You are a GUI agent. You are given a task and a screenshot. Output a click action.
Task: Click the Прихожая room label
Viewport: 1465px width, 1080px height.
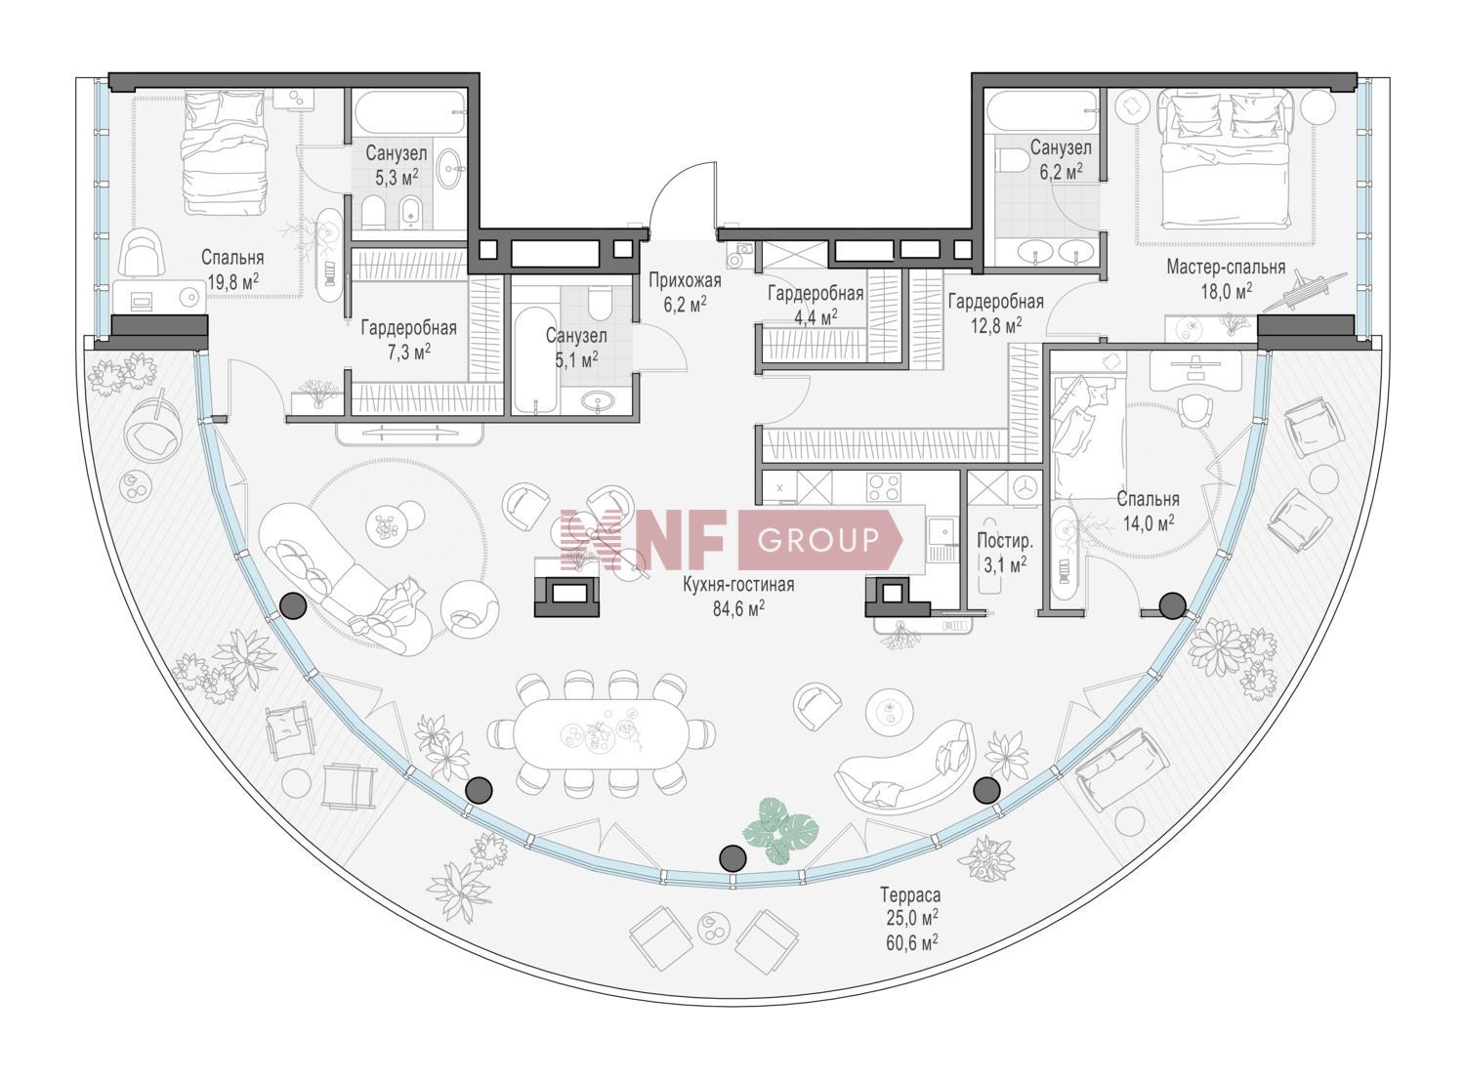click(x=685, y=281)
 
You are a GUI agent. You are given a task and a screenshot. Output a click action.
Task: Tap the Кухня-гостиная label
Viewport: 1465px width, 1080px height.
click(x=738, y=584)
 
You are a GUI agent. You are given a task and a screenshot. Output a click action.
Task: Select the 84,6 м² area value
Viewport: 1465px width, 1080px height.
click(x=739, y=608)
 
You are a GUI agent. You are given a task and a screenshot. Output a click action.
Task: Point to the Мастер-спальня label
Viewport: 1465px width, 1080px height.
click(x=1226, y=267)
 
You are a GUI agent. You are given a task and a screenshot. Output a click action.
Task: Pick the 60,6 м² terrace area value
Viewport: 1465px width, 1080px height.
click(x=912, y=941)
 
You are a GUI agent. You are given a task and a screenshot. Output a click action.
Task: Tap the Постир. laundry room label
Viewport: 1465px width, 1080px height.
click(x=1005, y=541)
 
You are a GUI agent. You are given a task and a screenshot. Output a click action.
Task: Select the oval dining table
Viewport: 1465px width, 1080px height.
click(x=600, y=734)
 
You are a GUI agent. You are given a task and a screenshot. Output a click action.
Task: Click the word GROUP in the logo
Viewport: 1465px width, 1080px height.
click(x=818, y=540)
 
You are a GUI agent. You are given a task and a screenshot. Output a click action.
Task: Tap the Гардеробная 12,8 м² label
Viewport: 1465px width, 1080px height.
click(x=996, y=313)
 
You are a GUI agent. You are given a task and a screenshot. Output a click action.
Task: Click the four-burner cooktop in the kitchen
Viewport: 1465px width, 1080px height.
click(x=884, y=486)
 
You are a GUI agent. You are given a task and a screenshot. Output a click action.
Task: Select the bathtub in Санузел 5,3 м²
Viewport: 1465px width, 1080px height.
click(x=410, y=112)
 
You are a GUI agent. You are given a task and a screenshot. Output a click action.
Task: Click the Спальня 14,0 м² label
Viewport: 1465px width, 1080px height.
click(x=1148, y=510)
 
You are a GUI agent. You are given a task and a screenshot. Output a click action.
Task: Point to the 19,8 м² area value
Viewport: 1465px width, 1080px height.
click(x=233, y=282)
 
